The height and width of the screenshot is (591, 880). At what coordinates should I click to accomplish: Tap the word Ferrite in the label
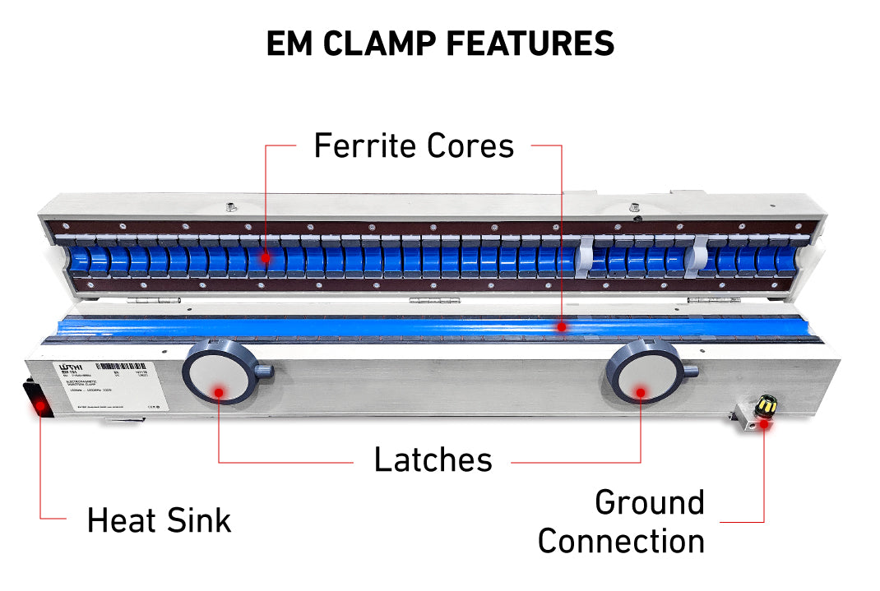pyautogui.click(x=366, y=146)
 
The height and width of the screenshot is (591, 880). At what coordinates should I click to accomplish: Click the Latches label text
pyautogui.click(x=433, y=460)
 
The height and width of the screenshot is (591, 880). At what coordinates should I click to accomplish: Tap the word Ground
pyautogui.click(x=650, y=502)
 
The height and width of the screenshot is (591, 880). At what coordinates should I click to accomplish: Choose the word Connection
pyautogui.click(x=621, y=542)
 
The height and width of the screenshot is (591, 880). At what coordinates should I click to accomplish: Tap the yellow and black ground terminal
pyautogui.click(x=767, y=404)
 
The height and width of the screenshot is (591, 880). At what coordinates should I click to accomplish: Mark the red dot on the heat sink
pyautogui.click(x=40, y=404)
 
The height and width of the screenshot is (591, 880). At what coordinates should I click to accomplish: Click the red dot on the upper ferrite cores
pyautogui.click(x=265, y=258)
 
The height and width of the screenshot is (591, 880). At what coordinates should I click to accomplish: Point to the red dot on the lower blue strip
pyautogui.click(x=561, y=326)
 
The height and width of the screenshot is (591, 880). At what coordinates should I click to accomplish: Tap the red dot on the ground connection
pyautogui.click(x=764, y=423)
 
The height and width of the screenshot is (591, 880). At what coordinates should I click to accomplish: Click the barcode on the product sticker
pyautogui.click(x=113, y=366)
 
